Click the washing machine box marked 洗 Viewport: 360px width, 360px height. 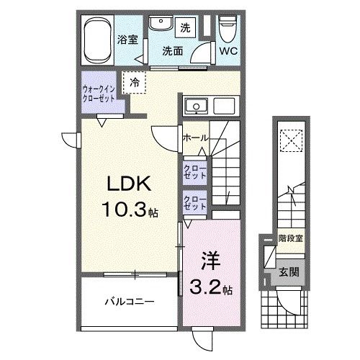point(185,27)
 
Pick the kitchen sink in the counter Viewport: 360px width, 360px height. point(194,109)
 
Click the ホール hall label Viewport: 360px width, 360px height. point(195,137)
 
